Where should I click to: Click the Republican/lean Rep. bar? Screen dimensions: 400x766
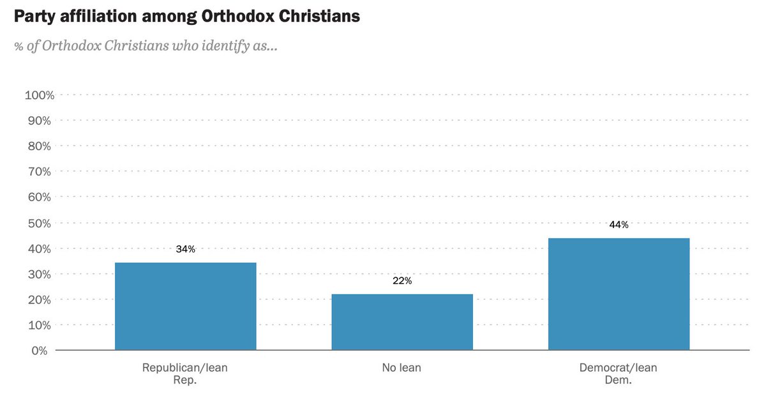pos(185,306)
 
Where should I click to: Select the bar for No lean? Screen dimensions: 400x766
pos(402,322)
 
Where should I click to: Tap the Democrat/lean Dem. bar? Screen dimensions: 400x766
pos(619,294)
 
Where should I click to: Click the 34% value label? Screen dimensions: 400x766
pos(185,249)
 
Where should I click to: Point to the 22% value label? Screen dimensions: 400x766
pos(402,281)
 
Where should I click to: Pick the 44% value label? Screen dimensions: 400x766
pos(619,225)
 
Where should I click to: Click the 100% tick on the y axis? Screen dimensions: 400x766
pos(39,95)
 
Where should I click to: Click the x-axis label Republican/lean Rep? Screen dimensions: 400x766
pos(185,373)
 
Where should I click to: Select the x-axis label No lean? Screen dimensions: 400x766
pos(402,368)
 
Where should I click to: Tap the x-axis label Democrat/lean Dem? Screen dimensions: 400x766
pos(619,373)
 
